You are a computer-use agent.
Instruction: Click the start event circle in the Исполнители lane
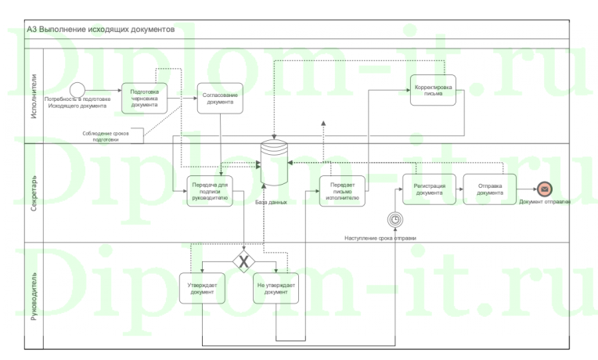(x=77, y=88)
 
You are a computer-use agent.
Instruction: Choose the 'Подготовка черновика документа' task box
(x=145, y=98)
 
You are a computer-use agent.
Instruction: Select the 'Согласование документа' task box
(x=218, y=98)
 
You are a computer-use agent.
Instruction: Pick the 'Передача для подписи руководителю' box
(x=209, y=190)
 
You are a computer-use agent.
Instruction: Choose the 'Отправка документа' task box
(x=490, y=189)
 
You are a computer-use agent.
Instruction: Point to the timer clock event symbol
(x=397, y=219)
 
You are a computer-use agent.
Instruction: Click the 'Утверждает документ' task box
(x=203, y=289)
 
